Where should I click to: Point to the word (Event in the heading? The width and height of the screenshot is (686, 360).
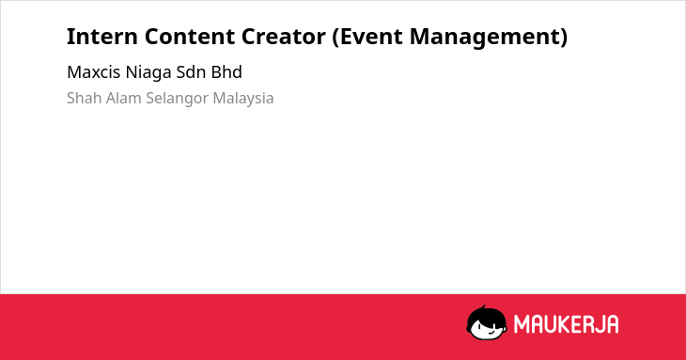[367, 37]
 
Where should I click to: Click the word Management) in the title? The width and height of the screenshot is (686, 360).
[489, 38]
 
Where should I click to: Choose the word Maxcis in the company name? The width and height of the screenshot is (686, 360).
[94, 72]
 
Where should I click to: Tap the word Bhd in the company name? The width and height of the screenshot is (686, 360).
[226, 72]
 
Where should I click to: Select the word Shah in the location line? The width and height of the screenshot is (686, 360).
[85, 98]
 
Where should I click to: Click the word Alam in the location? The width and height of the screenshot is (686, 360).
[124, 98]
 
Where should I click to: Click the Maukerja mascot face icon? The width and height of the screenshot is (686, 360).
[487, 322]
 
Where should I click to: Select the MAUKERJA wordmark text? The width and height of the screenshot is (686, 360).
[566, 324]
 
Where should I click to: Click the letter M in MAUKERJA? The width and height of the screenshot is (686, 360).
[522, 324]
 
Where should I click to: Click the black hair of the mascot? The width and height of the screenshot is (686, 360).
[485, 315]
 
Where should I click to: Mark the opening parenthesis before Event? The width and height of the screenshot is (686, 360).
[335, 38]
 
